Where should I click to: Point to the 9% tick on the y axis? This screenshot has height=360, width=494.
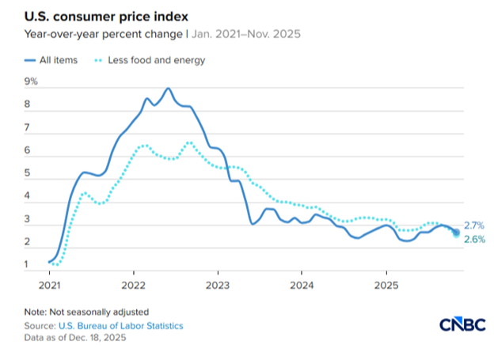tap(31, 81)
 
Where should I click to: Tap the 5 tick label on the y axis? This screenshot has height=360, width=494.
tap(28, 173)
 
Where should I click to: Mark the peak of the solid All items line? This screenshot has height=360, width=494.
tap(169, 89)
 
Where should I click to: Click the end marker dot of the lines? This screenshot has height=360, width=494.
tap(456, 232)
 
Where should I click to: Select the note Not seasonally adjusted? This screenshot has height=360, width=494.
tap(86, 311)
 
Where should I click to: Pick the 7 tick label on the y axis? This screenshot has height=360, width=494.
tap(28, 127)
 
